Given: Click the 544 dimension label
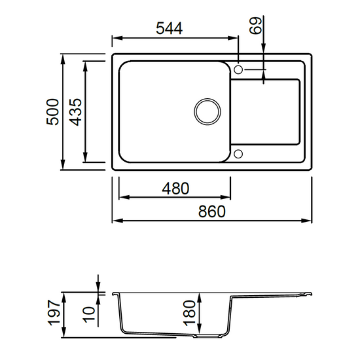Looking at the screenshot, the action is point(170,28).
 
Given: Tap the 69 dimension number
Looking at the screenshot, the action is point(255,26).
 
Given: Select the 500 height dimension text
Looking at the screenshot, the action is point(52,112).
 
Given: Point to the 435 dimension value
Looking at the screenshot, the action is point(75,112).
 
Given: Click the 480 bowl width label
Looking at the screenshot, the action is point(175,189).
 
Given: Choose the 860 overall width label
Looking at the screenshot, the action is point(211,211).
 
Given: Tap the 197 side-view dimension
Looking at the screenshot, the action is point(54,312).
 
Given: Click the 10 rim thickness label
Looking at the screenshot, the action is point(89,314).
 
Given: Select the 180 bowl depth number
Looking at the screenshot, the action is point(189,313).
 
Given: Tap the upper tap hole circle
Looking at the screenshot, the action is point(238,69).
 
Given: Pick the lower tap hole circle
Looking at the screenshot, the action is point(238,154).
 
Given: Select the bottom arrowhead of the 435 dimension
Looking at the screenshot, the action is point(86,156).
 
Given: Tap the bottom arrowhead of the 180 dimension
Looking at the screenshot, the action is point(200,329).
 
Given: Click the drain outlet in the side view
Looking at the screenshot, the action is point(207,336).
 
